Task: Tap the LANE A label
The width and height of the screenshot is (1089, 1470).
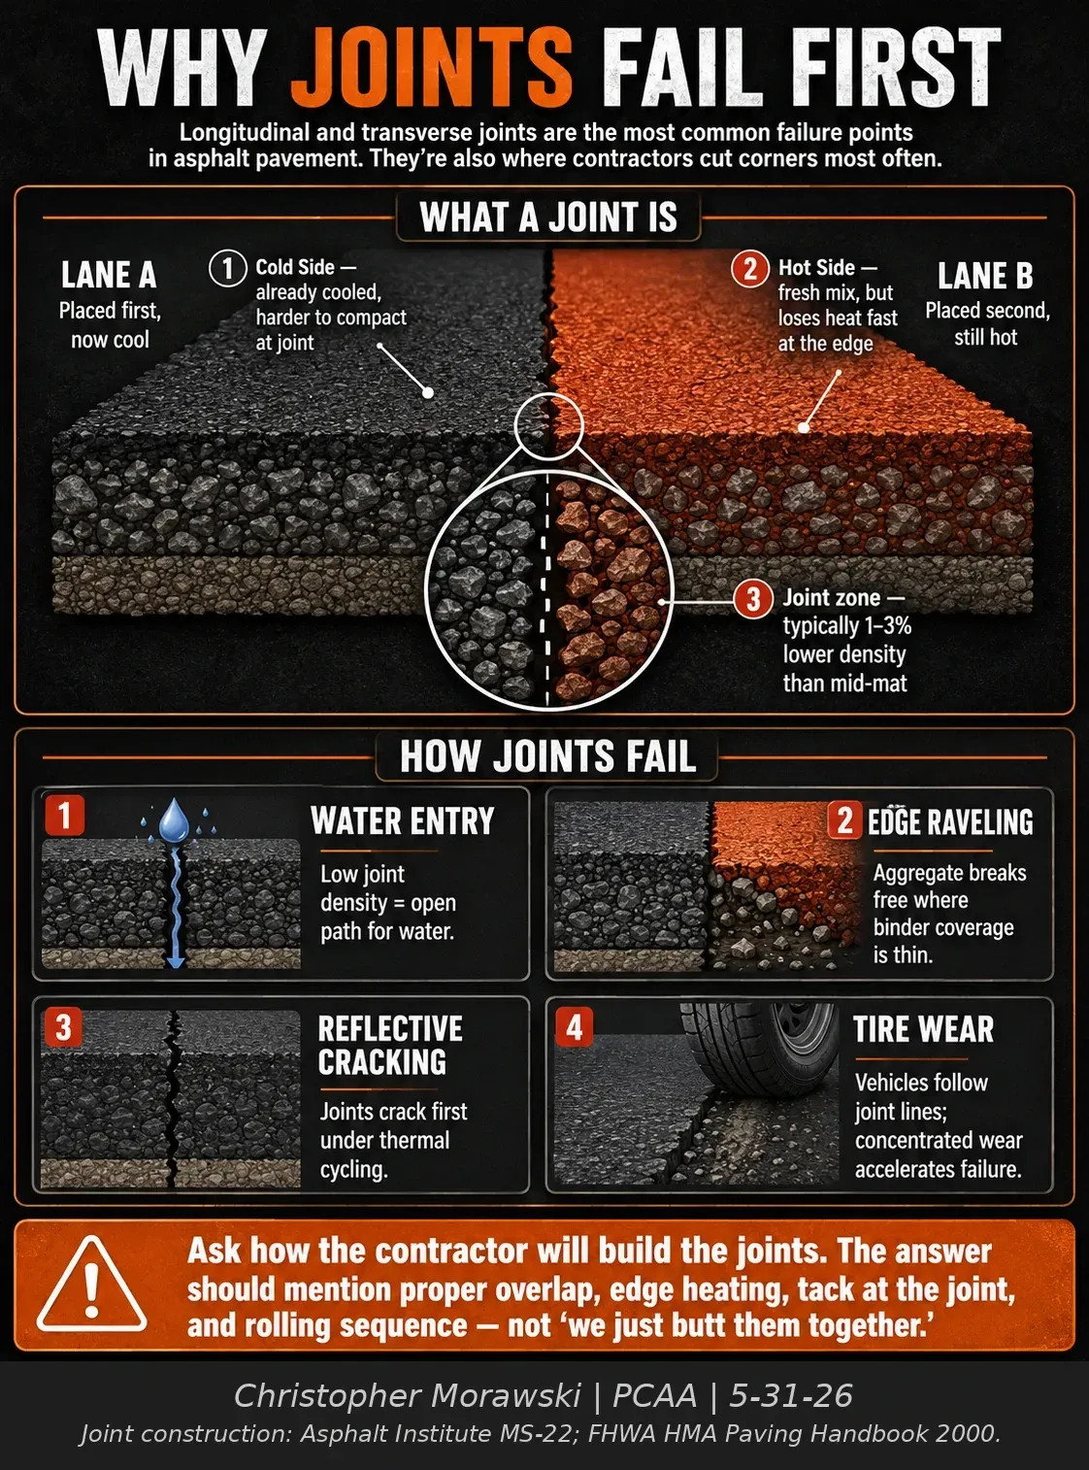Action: point(109,275)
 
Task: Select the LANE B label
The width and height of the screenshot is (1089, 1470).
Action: point(985,276)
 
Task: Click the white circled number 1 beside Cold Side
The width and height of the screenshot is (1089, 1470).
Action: point(228,268)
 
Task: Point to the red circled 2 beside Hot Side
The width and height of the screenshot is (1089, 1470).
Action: point(750,268)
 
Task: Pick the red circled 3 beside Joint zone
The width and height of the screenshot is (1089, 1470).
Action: point(753,599)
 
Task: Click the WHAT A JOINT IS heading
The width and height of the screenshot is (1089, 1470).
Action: point(548,217)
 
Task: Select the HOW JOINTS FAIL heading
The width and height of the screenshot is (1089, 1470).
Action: point(547,755)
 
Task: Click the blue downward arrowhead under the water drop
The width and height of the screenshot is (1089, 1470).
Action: point(176,960)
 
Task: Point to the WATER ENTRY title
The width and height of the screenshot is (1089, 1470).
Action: point(403,821)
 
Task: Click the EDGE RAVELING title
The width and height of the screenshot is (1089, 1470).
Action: point(950,822)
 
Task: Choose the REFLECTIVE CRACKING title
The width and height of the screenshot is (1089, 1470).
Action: point(390,1045)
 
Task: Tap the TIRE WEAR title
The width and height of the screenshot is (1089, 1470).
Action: point(924,1029)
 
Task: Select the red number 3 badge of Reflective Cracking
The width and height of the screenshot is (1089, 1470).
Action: point(64,1027)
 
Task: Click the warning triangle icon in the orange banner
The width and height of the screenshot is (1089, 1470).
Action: point(91,1286)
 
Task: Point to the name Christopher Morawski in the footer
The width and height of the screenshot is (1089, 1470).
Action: point(408,1395)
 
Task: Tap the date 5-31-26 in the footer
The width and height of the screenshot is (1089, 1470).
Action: point(791,1395)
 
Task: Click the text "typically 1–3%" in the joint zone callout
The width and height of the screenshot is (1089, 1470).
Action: point(847,625)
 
